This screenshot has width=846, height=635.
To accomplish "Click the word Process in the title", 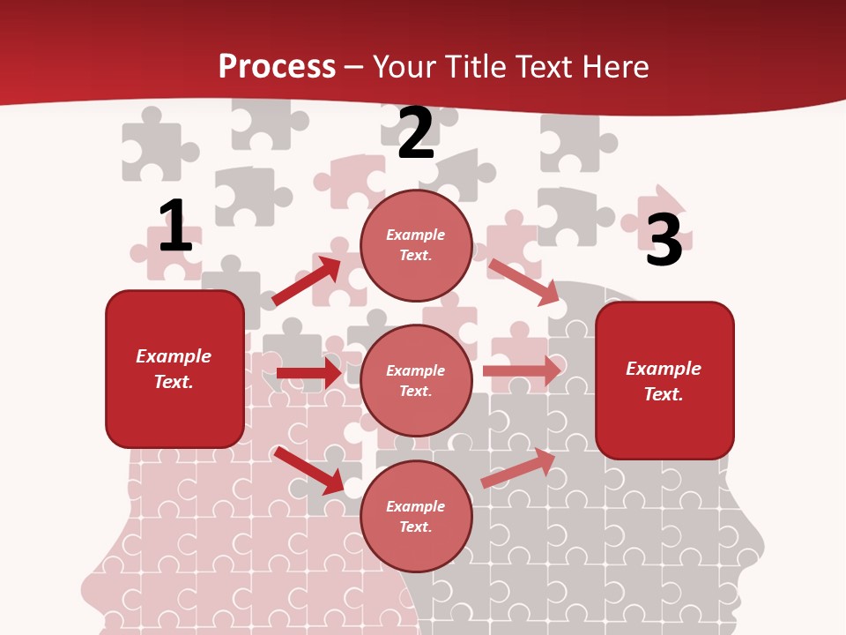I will click(277, 66).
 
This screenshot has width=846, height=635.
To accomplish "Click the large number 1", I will click(174, 226).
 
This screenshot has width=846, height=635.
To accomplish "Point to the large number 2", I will click(416, 134).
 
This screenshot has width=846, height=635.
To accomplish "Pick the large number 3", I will click(664, 240).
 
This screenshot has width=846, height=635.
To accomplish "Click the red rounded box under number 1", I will click(174, 369).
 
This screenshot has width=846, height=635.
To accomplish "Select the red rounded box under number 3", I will click(664, 380).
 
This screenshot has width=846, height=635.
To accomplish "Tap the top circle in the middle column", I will click(416, 245).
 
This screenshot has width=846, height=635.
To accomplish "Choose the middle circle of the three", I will click(416, 380).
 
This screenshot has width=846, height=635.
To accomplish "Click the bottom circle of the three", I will click(416, 516).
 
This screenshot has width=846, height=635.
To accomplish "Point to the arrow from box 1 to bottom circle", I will click(308, 470).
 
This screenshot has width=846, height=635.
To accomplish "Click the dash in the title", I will click(353, 68).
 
